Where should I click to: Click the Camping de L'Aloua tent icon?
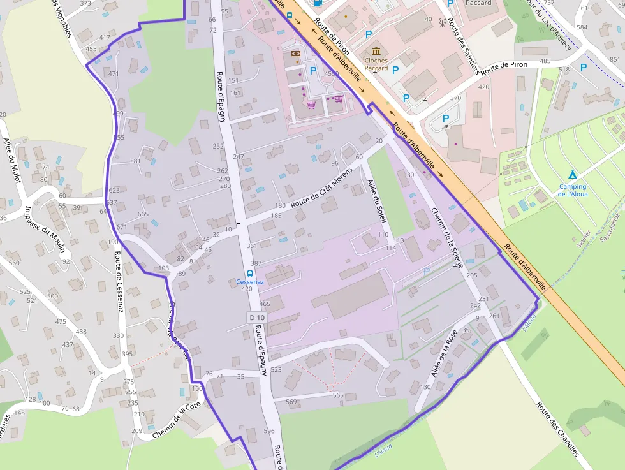pyautogui.click(x=572, y=174)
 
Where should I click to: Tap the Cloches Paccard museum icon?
pyautogui.click(x=376, y=51)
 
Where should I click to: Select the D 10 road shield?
pyautogui.click(x=256, y=318)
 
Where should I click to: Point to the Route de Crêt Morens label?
pyautogui.click(x=321, y=187)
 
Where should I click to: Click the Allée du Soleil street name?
pyautogui.click(x=377, y=200)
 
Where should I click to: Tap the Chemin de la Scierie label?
pyautogui.click(x=446, y=237)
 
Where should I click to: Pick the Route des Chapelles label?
pyautogui.click(x=557, y=429)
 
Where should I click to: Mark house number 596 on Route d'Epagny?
pyautogui.click(x=269, y=431)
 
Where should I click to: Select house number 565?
pyautogui.click(x=338, y=395)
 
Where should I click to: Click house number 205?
pyautogui.click(x=472, y=275)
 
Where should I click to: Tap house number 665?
pyautogui.click(x=143, y=214)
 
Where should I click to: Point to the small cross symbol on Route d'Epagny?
pyautogui.click(x=239, y=224)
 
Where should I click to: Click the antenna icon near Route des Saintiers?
pyautogui.click(x=442, y=24)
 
